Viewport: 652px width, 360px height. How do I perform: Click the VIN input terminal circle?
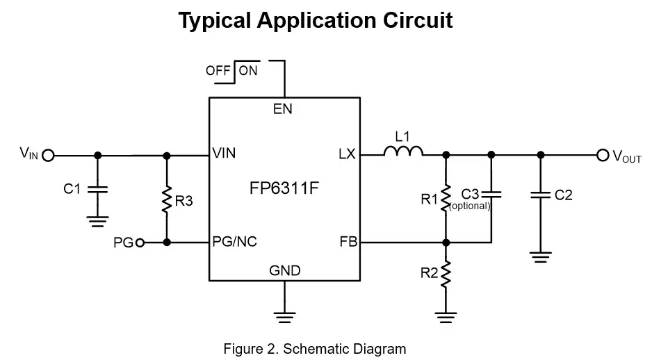click(x=48, y=155)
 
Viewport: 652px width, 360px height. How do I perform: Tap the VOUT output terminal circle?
click(x=603, y=155)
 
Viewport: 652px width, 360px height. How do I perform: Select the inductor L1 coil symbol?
click(x=404, y=152)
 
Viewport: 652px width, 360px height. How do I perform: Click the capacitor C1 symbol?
click(x=97, y=188)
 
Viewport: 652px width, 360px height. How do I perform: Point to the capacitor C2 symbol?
click(x=540, y=195)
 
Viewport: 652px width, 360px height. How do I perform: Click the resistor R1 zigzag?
click(x=446, y=198)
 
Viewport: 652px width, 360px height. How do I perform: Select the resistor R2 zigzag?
click(x=446, y=273)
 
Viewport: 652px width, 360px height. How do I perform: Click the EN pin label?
click(x=282, y=109)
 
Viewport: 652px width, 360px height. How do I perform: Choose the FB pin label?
click(x=348, y=243)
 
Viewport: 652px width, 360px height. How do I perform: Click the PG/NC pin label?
click(x=234, y=243)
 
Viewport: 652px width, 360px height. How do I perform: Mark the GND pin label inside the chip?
click(x=285, y=271)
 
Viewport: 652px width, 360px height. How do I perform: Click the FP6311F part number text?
click(x=284, y=188)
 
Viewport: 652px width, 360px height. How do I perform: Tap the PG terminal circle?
click(x=140, y=243)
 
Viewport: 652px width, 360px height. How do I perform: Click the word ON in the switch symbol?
click(x=248, y=70)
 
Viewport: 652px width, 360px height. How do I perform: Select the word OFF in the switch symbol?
click(x=218, y=70)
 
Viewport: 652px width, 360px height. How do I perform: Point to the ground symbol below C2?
click(x=540, y=256)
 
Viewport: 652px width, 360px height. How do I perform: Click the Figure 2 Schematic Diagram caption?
click(x=314, y=348)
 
